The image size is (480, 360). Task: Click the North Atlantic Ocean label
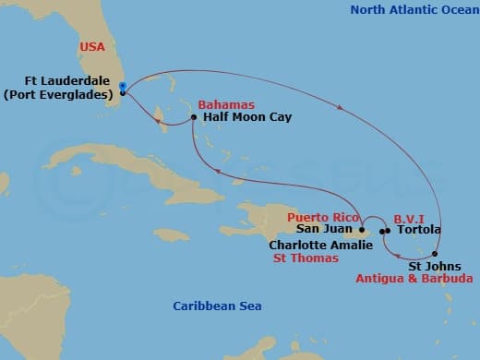click(408, 10)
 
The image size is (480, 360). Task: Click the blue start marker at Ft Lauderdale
click(122, 86)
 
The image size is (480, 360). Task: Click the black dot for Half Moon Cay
click(193, 118)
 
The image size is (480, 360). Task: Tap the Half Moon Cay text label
click(240, 118)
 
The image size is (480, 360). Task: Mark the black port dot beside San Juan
click(362, 230)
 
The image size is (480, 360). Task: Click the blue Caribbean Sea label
click(217, 306)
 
